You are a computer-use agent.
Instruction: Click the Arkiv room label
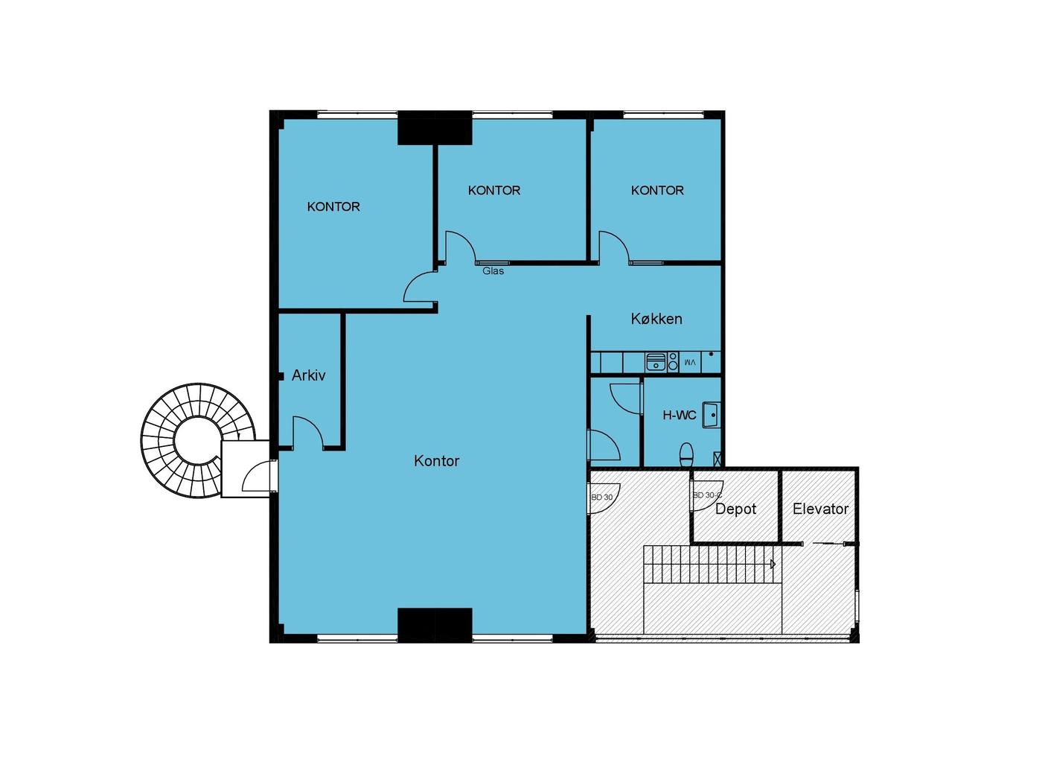[x=308, y=375]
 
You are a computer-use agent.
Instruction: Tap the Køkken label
[x=656, y=319]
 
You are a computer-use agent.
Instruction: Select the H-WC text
[x=679, y=416]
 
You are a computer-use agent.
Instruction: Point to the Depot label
[x=735, y=509]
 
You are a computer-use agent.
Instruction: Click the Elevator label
[x=820, y=509]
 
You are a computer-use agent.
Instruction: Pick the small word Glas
[x=493, y=271]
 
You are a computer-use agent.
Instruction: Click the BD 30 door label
[x=601, y=497]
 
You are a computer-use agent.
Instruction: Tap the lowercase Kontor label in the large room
[x=436, y=460]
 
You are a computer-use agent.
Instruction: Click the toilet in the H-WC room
[x=686, y=455]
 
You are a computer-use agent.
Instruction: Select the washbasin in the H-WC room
[x=711, y=416]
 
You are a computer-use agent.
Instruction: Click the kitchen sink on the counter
[x=656, y=362]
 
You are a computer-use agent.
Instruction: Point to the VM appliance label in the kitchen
[x=690, y=362]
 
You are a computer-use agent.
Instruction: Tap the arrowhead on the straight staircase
[x=773, y=564]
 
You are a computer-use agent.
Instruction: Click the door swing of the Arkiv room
[x=309, y=431]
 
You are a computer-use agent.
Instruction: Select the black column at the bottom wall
[x=435, y=625]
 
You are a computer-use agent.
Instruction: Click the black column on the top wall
[x=435, y=127]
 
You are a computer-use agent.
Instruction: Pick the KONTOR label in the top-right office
[x=657, y=191]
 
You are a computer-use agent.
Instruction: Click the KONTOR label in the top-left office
[x=333, y=206]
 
